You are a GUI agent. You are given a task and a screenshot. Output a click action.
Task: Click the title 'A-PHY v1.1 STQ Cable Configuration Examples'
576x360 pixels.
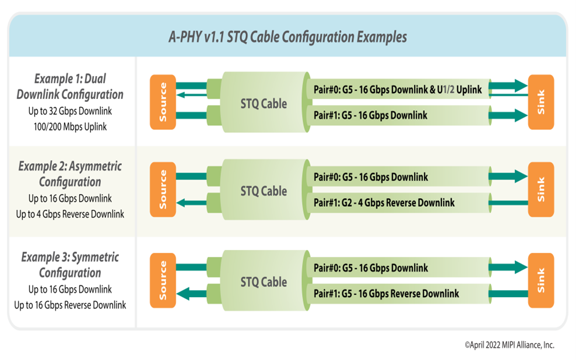[287, 37]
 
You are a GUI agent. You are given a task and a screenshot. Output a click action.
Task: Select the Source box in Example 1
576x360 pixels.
[163, 102]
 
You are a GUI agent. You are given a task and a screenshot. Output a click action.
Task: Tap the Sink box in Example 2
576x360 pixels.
[540, 189]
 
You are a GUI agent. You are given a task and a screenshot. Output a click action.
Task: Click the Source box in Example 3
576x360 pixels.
[163, 280]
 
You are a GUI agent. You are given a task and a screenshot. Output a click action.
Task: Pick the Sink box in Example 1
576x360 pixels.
[540, 102]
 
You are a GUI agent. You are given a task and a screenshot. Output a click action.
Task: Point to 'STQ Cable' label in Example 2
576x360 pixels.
[264, 191]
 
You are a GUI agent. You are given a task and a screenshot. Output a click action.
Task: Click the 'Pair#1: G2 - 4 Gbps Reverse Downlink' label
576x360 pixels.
[384, 203]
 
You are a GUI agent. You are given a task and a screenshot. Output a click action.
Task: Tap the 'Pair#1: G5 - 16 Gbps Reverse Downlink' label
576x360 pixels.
[386, 294]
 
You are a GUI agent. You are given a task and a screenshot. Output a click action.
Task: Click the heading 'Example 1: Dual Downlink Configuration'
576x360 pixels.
[70, 86]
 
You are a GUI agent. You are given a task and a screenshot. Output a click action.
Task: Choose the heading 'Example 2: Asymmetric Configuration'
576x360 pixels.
[70, 174]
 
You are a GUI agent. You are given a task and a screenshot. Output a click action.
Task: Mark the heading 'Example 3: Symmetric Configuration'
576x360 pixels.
[70, 264]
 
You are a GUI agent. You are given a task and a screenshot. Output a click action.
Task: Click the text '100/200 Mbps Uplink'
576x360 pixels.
[70, 126]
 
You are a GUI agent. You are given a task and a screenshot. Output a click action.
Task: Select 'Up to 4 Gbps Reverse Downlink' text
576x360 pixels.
[70, 214]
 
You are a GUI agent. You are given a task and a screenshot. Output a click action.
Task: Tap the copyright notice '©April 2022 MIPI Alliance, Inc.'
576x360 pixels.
[510, 345]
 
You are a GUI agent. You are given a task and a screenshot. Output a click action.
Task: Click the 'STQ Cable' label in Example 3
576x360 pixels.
[264, 282]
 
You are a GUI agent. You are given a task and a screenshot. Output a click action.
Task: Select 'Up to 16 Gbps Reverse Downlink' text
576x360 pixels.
[70, 305]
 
